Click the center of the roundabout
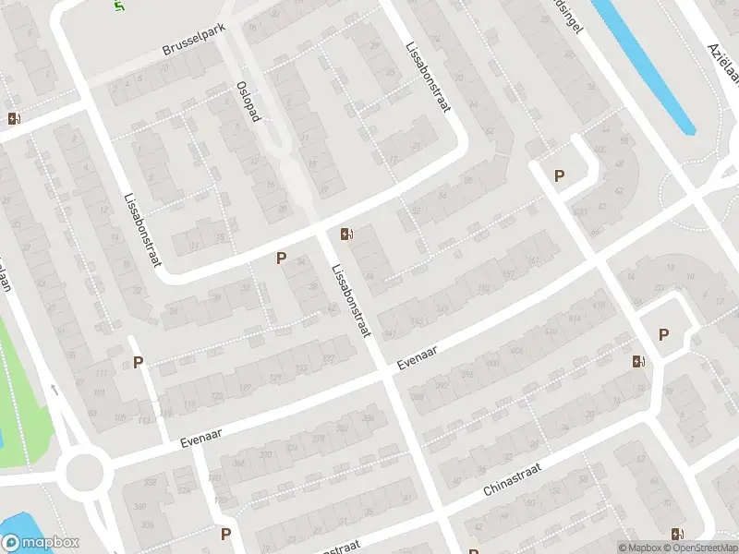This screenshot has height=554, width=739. coord(83,473)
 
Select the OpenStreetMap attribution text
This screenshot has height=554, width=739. coord(701,548)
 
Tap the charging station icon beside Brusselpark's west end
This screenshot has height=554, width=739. coord(14,118)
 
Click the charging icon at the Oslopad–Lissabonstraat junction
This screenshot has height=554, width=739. coord(345,234)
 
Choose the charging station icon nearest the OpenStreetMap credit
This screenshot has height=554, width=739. coord(679,533)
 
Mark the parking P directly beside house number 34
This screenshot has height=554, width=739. coord(281,259)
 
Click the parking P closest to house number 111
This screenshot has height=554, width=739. coord(138,363)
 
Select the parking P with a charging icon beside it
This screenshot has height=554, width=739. coord(663,335)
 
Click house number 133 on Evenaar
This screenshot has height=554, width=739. coord(300,368)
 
